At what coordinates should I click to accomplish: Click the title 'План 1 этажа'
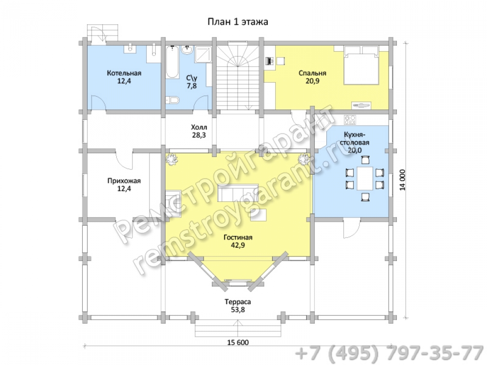pos(238,22)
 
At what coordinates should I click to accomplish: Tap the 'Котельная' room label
pos(124,73)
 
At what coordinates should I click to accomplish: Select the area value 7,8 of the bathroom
pos(191,86)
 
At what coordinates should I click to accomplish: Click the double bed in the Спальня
pos(361,65)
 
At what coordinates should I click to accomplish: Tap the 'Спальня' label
pos(313,73)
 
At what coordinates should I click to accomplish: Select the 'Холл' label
pos(199,127)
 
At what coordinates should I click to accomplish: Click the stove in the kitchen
pos(350,120)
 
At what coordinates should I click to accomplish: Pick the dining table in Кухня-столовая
pos(365,179)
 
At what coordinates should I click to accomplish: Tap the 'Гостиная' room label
pos(238,237)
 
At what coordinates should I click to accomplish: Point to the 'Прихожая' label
pos(124,181)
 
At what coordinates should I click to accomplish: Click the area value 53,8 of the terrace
pos(238,310)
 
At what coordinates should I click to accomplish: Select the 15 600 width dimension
pos(238,342)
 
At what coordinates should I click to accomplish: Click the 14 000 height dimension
pos(402,180)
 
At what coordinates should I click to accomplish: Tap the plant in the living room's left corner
pos(171,160)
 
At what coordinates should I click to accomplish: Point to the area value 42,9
pos(238,245)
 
